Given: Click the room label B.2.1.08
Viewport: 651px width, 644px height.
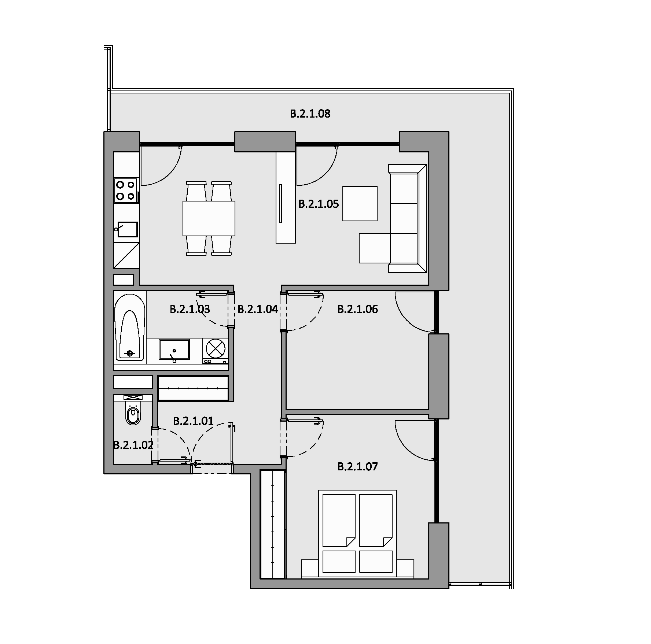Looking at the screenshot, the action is click(310, 114).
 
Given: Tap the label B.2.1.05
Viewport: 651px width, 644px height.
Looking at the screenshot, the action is click(319, 204).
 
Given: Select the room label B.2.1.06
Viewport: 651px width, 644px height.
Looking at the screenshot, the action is click(357, 309).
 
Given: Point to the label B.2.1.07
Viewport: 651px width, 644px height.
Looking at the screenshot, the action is click(357, 467).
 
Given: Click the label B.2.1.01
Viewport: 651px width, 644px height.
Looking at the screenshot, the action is click(193, 421).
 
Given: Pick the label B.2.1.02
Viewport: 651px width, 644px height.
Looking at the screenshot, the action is click(133, 445).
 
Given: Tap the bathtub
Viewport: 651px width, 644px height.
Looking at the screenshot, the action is click(130, 325).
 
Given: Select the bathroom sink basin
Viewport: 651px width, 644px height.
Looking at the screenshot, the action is click(174, 349).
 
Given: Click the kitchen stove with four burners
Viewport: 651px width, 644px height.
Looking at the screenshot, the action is click(126, 190).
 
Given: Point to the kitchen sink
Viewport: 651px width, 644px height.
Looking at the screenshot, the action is click(126, 230).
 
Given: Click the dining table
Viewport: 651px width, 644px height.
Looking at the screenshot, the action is click(209, 218).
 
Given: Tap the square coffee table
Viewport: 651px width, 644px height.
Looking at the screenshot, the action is click(360, 204).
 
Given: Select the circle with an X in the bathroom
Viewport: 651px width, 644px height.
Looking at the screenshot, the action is click(215, 348).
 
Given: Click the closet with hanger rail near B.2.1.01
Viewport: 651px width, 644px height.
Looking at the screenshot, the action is click(193, 388).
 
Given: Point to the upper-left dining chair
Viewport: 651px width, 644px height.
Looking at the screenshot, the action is click(196, 191).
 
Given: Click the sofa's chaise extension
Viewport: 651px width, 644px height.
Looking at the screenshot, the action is click(374, 248).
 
